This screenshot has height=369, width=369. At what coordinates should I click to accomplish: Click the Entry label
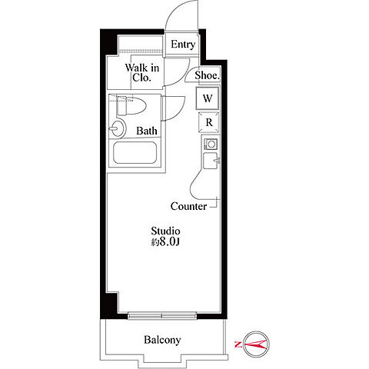tap(183, 45)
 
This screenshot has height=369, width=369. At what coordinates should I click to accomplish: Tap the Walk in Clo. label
tap(142, 73)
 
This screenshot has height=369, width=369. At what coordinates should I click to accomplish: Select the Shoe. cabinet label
tap(207, 75)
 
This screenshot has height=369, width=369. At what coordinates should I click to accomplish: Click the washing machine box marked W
tap(208, 98)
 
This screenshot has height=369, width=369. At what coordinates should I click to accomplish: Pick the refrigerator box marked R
tap(209, 122)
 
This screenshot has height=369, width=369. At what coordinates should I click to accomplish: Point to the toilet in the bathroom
tap(131, 105)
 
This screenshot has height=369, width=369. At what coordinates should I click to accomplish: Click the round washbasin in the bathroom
tap(118, 128)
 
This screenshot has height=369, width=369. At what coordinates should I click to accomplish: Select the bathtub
tap(135, 153)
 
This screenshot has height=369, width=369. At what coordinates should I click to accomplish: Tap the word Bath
tap(147, 131)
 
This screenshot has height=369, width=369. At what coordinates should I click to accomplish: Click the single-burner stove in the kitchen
tap(211, 144)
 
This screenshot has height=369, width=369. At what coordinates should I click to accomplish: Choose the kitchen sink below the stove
tap(211, 161)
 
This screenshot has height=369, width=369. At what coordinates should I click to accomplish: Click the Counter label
tap(188, 206)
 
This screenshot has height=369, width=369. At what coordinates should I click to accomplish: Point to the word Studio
tap(165, 231)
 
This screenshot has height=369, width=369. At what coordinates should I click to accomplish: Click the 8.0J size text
tap(169, 242)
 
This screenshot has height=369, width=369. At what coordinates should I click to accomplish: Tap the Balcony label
tap(162, 340)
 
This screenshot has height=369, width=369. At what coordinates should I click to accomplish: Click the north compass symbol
tap(257, 344)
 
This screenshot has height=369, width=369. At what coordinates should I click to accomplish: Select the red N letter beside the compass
tap(238, 344)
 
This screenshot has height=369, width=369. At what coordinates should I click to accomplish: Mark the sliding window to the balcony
tap(162, 316)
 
